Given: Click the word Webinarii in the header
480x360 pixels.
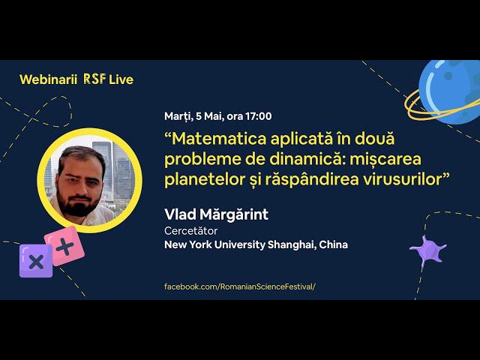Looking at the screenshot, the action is click(48, 79).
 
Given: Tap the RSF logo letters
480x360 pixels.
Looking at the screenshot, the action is click(95, 79).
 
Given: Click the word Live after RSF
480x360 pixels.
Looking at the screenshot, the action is click(121, 79).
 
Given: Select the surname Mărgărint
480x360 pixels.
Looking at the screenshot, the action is click(234, 215).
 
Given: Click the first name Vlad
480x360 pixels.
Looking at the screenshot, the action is click(180, 214).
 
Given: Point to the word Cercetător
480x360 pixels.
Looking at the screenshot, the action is click(190, 231).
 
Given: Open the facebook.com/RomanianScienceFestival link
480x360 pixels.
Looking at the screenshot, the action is click(240, 286).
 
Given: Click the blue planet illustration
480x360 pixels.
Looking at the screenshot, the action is click(449, 91).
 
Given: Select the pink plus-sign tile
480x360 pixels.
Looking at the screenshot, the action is click(64, 246).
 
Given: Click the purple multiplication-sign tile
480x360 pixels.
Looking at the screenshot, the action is click(36, 261).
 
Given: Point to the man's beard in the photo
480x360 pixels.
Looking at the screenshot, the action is click(78, 205).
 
